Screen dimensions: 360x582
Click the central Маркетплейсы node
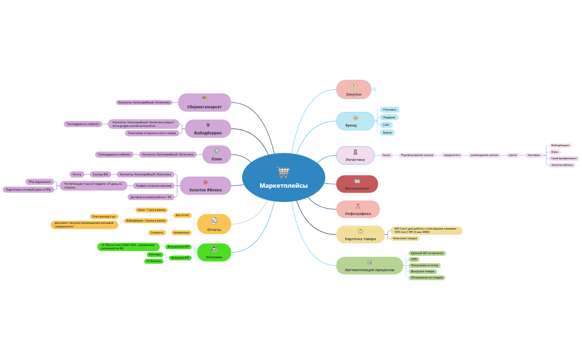(283, 185)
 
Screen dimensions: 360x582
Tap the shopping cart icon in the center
(283, 172)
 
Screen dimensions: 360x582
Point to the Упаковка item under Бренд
(390, 110)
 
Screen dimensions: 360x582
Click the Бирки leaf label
(387, 133)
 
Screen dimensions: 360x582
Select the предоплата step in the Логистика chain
(452, 155)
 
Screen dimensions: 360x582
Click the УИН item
(414, 259)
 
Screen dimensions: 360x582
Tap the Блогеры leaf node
(155, 255)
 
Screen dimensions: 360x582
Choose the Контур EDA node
(100, 174)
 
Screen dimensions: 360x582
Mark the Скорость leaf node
(157, 233)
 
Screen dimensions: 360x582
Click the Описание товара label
(405, 238)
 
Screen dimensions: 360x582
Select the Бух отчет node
(182, 215)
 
